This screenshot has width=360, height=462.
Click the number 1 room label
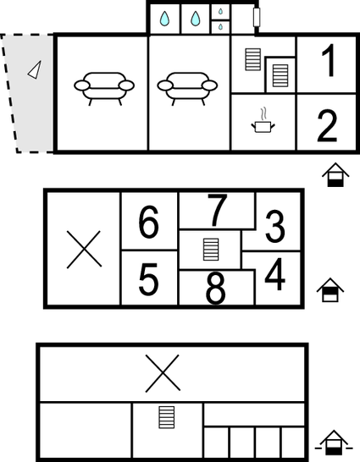tap(330, 60)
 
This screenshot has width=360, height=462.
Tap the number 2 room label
tap(327, 126)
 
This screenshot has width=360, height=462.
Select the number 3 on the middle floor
tap(275, 227)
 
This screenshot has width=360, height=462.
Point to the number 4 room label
tap(275, 274)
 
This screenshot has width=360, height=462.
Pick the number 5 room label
tap(148, 279)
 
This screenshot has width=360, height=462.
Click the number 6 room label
tap(148, 222)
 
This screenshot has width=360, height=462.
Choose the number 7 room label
tap(218, 210)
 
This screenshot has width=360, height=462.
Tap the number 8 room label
tap(215, 288)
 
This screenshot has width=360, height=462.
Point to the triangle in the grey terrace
tap(35, 71)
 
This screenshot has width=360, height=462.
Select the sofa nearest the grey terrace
tap(104, 89)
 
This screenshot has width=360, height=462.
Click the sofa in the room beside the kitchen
tap(187, 89)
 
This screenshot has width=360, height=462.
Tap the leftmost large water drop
tap(165, 19)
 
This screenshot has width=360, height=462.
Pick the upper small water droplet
tap(220, 12)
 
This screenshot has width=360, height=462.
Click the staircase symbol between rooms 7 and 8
tap(211, 250)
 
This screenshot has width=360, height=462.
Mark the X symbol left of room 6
tap(85, 250)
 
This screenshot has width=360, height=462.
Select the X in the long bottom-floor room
tap(163, 373)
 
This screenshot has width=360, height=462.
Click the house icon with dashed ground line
tap(334, 443)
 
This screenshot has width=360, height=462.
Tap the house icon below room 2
tap(335, 174)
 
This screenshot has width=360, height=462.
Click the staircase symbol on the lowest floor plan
tap(167, 417)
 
